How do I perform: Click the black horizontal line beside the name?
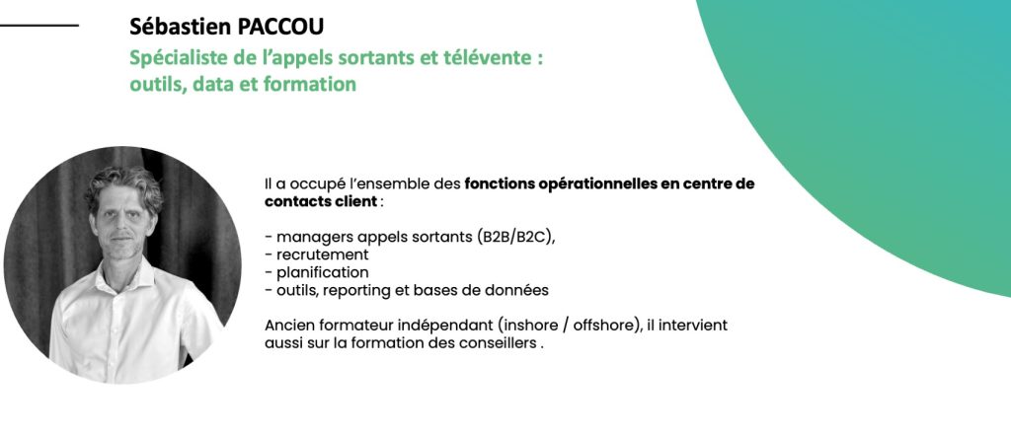(x=39, y=26)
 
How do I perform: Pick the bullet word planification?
(x=323, y=272)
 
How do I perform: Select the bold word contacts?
(x=294, y=201)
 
